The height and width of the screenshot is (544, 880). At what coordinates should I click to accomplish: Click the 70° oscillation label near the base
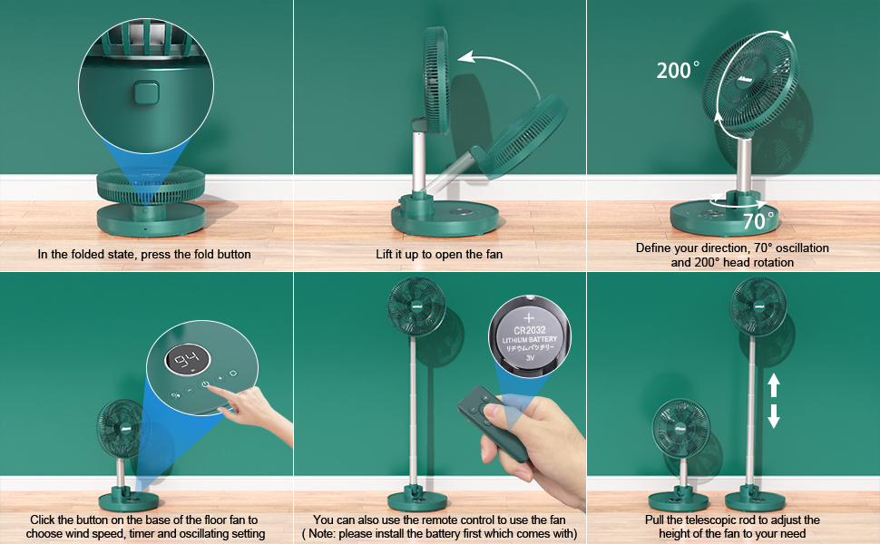[x=758, y=220]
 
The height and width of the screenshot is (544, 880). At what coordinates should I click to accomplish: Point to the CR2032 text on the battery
[x=527, y=327]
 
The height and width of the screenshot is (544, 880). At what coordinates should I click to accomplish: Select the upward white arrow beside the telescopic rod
[x=774, y=385]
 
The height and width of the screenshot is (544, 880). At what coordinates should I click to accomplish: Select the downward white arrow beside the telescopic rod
[x=774, y=416]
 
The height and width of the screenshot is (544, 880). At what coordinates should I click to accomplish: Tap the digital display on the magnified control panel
[x=187, y=364]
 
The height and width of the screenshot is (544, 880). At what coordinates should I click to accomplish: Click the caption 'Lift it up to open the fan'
[x=439, y=254]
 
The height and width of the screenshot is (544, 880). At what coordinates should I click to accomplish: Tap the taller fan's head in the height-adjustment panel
[x=758, y=306]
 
